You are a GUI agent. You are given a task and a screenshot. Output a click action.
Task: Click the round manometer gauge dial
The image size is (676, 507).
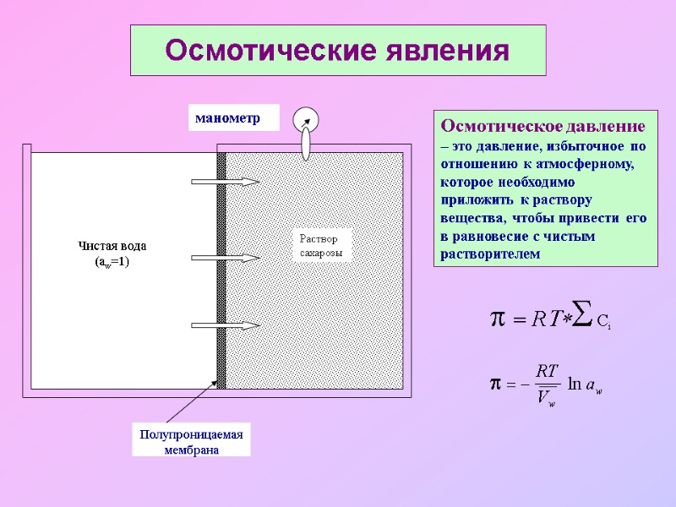click(x=305, y=120)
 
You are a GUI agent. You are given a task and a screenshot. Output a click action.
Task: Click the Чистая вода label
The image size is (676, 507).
click(x=112, y=246)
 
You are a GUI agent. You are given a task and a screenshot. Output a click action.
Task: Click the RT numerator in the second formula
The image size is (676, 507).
click(x=547, y=370)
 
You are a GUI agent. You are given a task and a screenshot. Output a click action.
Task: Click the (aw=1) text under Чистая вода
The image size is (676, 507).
click(x=112, y=262)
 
